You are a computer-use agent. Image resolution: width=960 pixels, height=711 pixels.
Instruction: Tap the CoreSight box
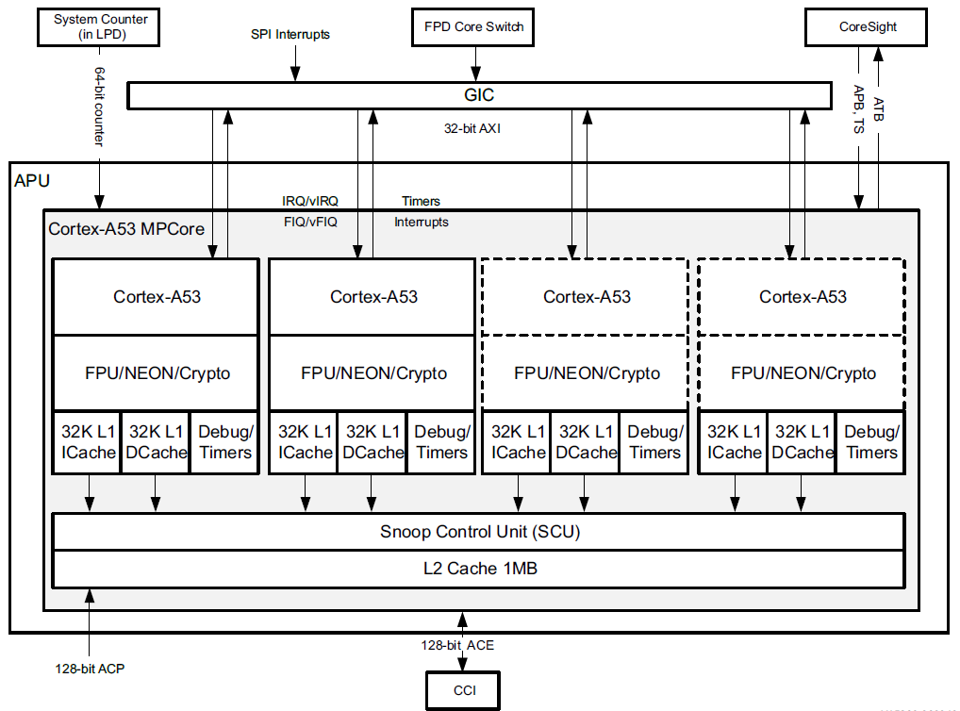coord(868,26)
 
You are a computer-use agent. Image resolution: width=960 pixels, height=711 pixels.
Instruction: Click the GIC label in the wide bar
coord(479,95)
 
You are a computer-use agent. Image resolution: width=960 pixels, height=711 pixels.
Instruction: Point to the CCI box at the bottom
coord(463,691)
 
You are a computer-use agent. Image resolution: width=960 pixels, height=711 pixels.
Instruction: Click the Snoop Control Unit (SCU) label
coord(479,532)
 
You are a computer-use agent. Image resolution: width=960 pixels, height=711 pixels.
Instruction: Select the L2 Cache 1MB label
coord(479,569)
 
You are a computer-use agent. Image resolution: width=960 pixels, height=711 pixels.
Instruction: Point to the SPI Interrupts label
coord(290,35)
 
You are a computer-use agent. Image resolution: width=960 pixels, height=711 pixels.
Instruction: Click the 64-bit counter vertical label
coord(98,106)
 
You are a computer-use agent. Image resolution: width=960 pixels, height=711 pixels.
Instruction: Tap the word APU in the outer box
coord(32,179)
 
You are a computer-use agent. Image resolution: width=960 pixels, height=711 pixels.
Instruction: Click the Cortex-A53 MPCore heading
coord(126,228)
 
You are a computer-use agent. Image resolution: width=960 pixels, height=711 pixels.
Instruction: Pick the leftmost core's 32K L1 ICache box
coord(88,441)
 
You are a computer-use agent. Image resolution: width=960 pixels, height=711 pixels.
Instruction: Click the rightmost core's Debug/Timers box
coord(870,441)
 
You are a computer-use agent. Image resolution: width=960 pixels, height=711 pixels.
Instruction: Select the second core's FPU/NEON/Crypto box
coord(373,373)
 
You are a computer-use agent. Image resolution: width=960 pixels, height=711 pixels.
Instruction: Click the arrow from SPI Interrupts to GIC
coord(295,66)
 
